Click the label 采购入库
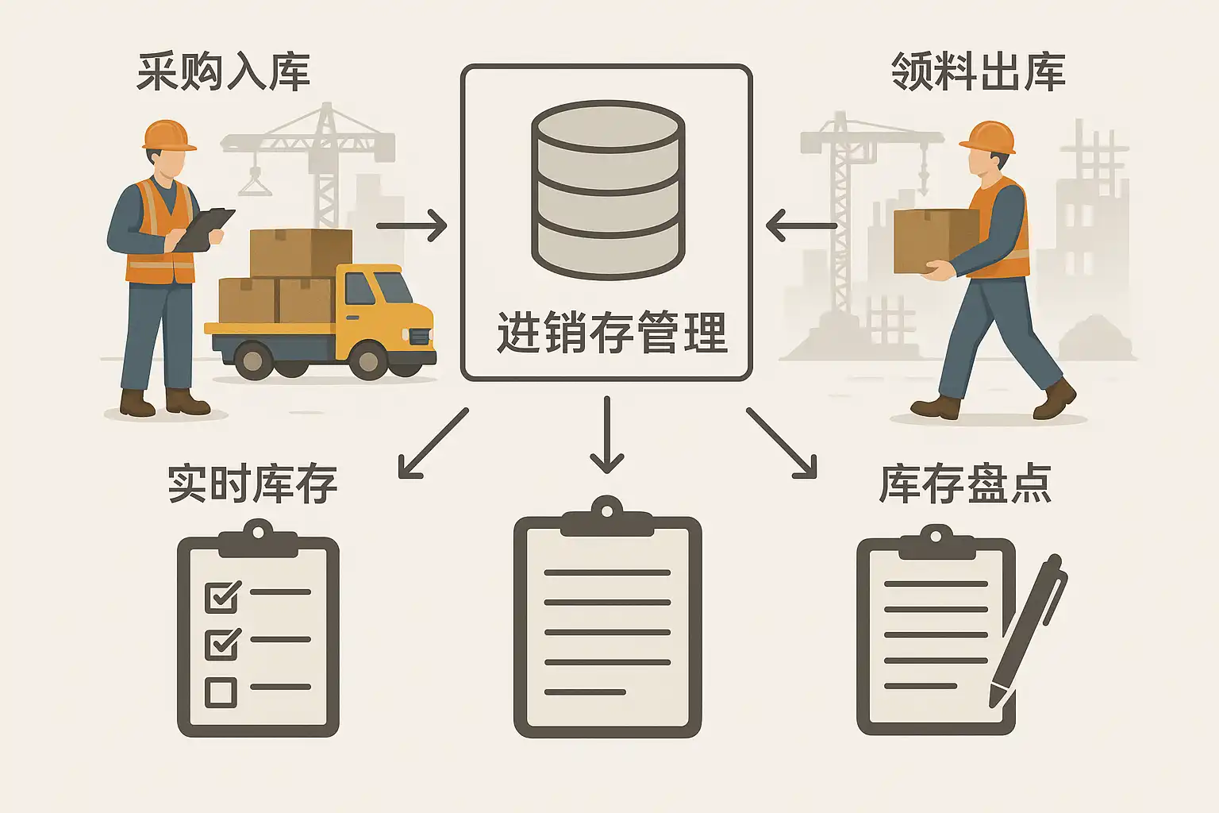223,72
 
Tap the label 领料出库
978,72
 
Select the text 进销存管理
611,333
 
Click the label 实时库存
252,484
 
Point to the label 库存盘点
965,484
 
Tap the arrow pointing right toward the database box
411,225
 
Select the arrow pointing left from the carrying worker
801,225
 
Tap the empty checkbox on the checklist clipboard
221,692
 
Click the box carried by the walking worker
934,240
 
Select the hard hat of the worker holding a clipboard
168,135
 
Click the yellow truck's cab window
360,288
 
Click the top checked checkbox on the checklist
221,595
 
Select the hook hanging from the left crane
255,182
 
